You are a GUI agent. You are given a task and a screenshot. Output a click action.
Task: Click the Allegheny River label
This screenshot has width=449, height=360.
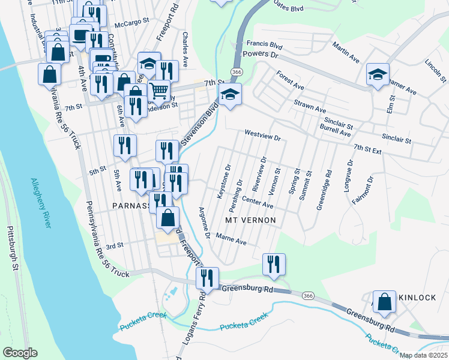coord(41,202)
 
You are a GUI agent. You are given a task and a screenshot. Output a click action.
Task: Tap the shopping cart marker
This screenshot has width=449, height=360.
coord(158,91)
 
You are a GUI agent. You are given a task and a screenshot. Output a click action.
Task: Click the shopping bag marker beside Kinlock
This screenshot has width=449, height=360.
coord(384,302)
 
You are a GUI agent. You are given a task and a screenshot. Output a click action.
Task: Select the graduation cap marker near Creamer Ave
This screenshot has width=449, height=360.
coord(378,74)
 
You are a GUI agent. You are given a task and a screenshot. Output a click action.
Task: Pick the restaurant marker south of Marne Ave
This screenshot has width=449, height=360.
coord(274,264)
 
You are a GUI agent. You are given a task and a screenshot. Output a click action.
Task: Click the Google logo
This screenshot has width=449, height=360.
coord(20,353)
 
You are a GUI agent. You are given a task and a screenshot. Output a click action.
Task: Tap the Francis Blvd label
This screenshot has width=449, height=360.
coord(264,44)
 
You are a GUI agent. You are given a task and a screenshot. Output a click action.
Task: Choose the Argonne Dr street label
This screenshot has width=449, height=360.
coord(205,223)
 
